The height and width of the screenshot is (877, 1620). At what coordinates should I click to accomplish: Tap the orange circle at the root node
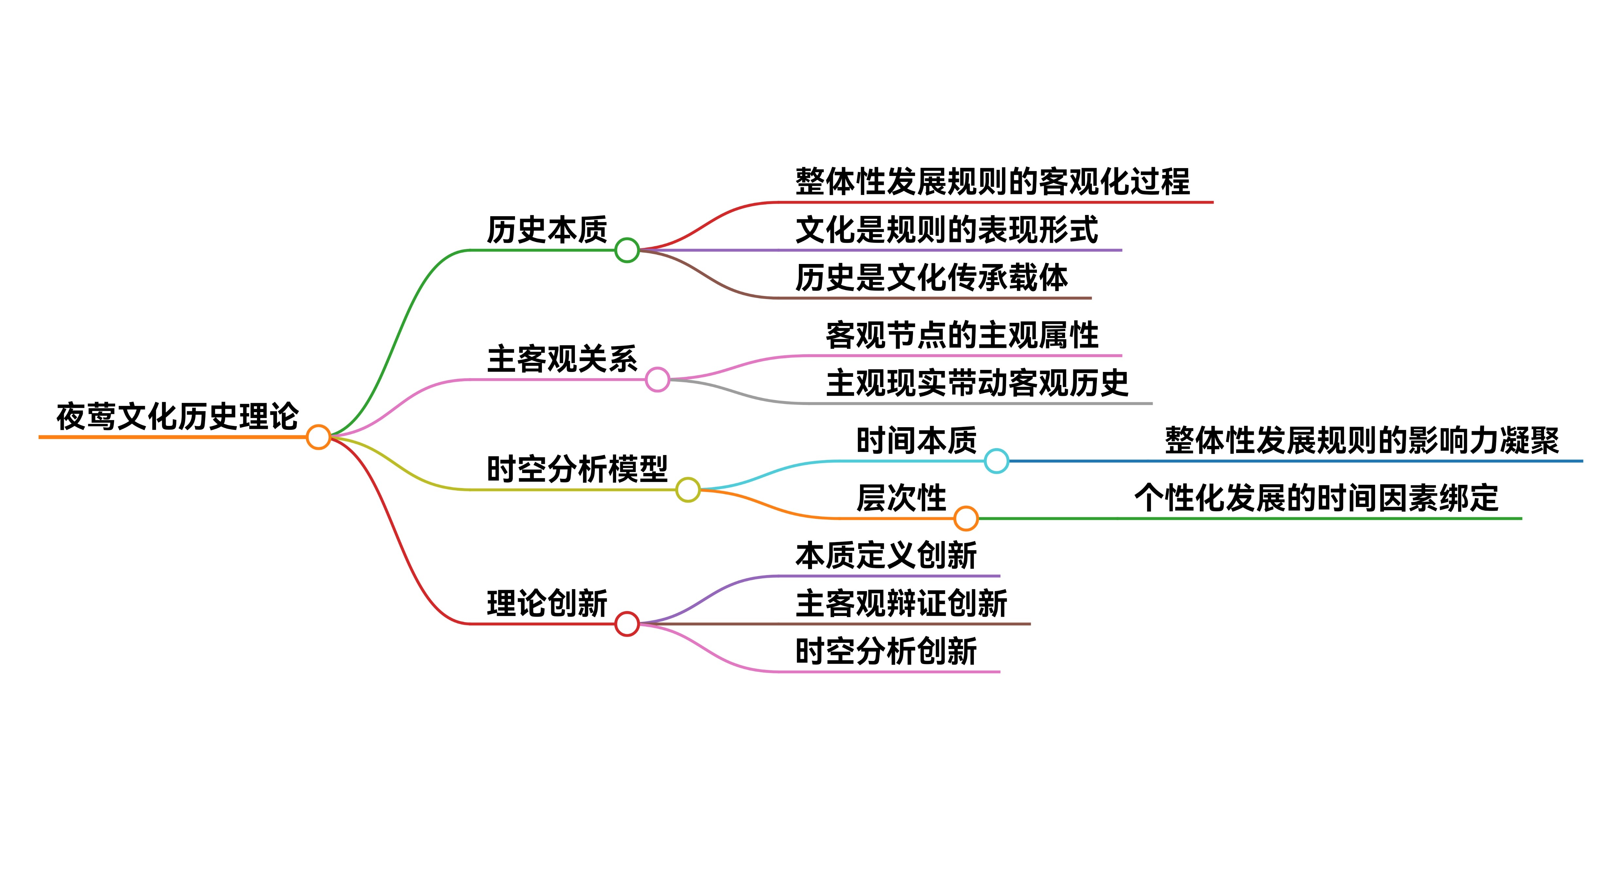click(x=318, y=437)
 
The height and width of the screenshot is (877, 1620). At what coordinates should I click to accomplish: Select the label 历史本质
click(x=546, y=230)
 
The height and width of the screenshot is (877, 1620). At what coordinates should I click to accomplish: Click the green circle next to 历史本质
click(x=627, y=250)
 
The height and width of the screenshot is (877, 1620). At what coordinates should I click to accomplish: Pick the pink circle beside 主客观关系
click(x=657, y=379)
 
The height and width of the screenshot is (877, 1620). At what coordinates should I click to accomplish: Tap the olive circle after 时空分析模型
click(x=687, y=489)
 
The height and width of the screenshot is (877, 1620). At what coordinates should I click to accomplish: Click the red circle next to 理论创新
click(x=627, y=624)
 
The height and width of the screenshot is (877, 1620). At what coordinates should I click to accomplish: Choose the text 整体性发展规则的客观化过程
click(x=992, y=182)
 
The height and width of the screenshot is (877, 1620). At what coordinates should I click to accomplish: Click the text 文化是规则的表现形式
click(x=946, y=230)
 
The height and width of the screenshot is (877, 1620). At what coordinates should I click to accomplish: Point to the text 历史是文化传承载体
click(x=931, y=277)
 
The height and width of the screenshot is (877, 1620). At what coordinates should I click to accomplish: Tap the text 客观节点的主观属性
click(x=962, y=335)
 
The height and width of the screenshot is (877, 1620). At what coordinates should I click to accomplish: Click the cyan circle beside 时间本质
click(x=996, y=461)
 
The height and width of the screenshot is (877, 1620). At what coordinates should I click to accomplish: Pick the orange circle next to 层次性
click(x=966, y=518)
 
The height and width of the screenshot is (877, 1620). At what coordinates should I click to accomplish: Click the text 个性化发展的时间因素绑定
click(x=1316, y=498)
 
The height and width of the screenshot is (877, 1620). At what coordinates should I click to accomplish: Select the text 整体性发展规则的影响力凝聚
click(x=1362, y=440)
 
